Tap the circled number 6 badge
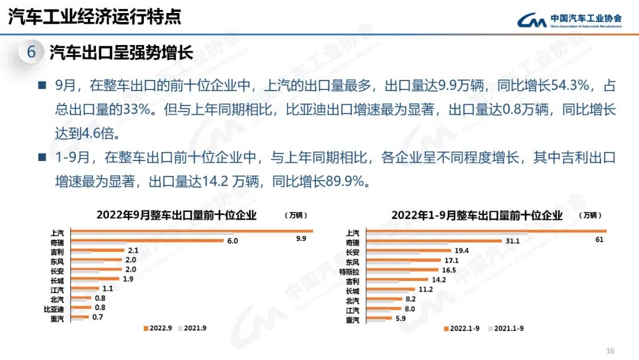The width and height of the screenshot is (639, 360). point(31,53)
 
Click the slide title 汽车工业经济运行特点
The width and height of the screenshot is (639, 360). point(95,17)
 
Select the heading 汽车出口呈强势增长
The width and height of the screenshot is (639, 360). point(121,53)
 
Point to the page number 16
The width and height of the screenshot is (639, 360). point(611,350)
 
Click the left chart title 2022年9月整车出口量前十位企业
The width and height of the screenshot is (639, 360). point(176,215)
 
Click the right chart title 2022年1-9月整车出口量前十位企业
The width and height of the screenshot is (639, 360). point(477,215)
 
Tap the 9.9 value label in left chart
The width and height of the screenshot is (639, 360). point(301,239)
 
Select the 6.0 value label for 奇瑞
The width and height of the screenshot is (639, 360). point(233,241)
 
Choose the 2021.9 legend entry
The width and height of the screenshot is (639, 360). point(192,327)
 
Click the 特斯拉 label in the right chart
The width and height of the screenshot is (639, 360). point(349,271)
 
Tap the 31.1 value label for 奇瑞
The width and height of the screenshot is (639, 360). point(512,241)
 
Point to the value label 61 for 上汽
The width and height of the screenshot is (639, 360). point(599,239)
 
